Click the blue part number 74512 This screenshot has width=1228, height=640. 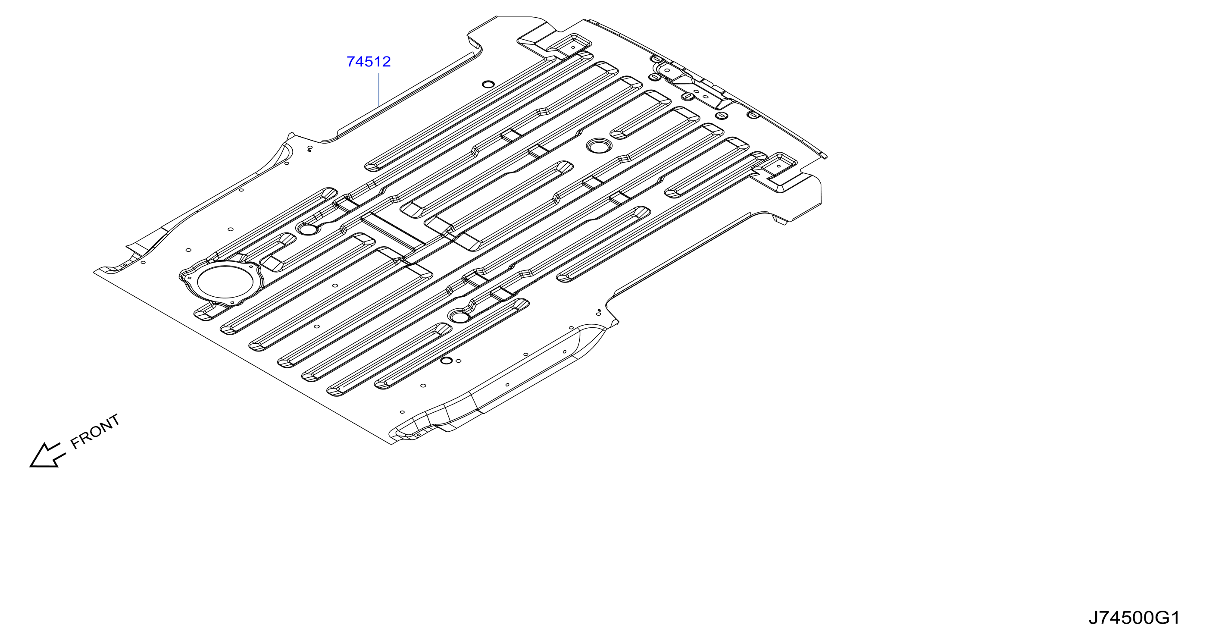pos(369,62)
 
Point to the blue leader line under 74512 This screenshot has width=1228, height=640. pos(378,89)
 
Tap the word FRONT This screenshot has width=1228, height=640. pos(95,432)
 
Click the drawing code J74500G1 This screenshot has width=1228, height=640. pos(1134,618)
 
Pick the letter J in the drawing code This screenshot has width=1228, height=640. pos(1094,618)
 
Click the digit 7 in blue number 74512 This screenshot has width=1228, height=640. pos(351,62)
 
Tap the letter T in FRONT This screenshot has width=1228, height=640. pos(114,420)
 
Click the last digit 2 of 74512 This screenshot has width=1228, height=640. pos(386,62)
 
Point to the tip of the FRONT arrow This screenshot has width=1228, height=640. pos(30,466)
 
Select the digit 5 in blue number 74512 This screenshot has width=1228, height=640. pos(369,62)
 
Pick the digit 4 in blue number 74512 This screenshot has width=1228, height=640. pos(360,62)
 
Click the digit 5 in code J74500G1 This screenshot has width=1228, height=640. pos(1123,618)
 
